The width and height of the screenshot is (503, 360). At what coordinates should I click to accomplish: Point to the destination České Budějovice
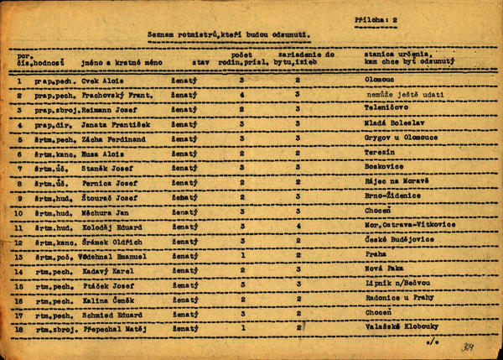[395, 240]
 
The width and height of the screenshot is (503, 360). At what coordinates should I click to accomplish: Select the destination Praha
[374, 254]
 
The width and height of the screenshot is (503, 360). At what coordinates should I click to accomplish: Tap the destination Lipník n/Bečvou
[394, 284]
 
